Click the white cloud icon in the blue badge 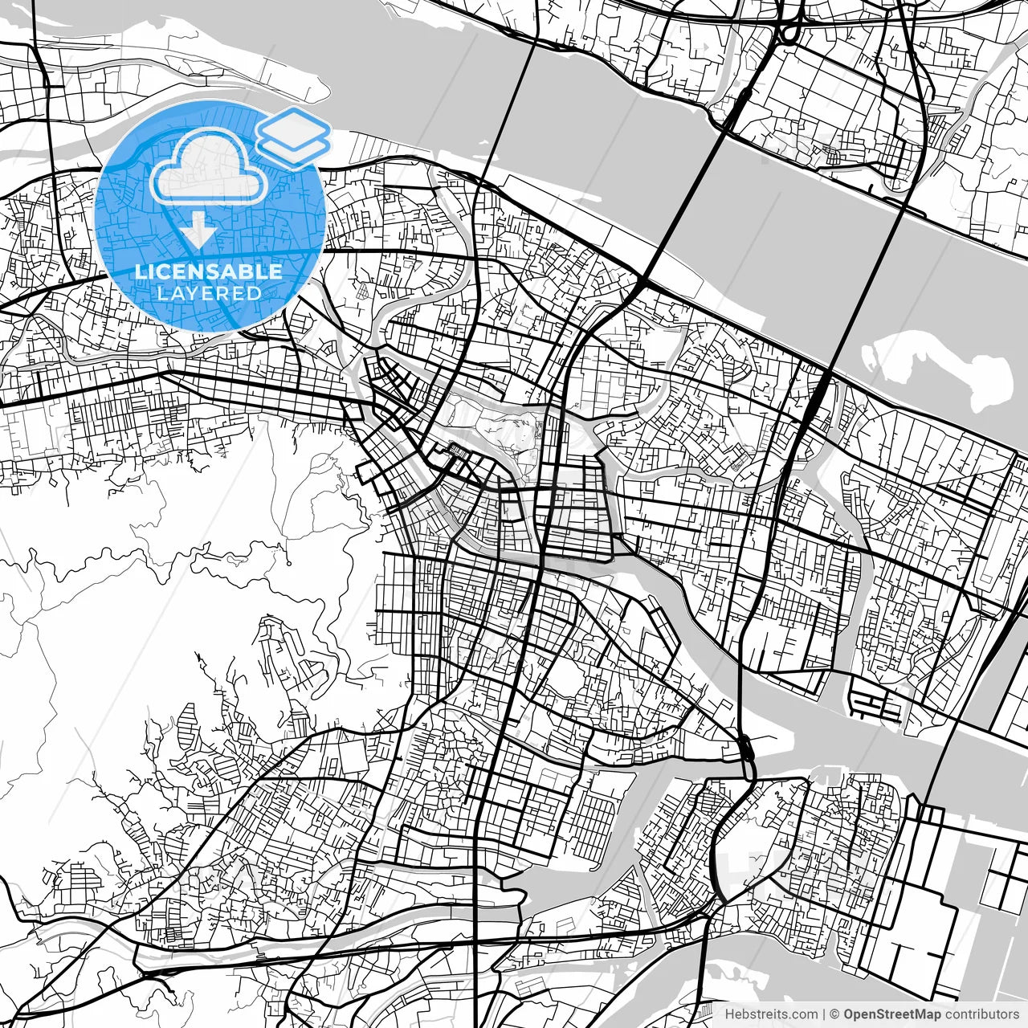[208, 167]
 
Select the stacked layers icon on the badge [293, 134]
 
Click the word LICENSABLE [208, 271]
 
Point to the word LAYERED [209, 293]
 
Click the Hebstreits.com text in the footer [771, 1014]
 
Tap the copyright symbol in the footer [835, 1014]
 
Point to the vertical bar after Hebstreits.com [825, 1014]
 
